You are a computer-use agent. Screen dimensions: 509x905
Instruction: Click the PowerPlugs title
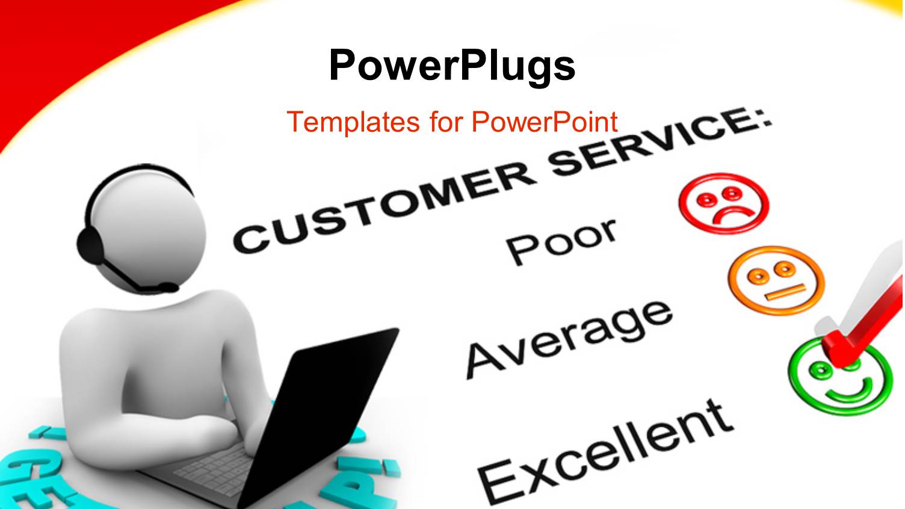point(452,65)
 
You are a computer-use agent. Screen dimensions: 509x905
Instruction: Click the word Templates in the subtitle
point(353,122)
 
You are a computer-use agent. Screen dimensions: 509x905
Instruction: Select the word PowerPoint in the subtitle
point(545,122)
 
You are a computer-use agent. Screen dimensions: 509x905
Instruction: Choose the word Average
point(569,336)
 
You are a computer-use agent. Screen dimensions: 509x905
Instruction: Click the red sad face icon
point(724,203)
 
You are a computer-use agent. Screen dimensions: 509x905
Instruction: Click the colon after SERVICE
point(764,118)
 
